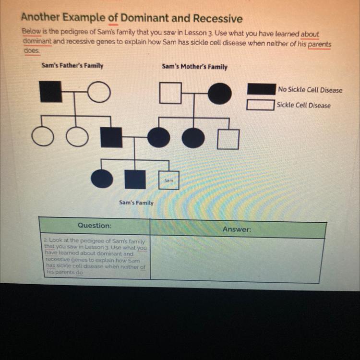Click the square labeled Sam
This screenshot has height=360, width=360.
[x=168, y=180]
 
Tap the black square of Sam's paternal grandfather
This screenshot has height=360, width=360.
[x=50, y=92]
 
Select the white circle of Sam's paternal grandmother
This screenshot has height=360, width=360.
[x=99, y=92]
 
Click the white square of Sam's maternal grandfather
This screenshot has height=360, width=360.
[x=170, y=93]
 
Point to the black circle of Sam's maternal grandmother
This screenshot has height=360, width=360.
[x=219, y=93]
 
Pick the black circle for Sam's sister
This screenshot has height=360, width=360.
[x=102, y=179]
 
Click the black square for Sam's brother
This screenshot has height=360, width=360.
[x=135, y=179]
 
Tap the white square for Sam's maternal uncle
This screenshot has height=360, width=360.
[x=228, y=139]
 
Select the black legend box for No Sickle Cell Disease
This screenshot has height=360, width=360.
[x=261, y=89]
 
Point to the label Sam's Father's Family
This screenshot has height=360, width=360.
[x=72, y=65]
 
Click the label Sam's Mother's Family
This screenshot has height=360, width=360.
[x=194, y=67]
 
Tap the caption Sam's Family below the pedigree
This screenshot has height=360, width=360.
[x=136, y=203]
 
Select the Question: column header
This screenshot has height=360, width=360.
[x=95, y=225]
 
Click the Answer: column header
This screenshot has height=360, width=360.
[x=237, y=229]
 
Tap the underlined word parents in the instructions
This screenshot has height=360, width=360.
[x=319, y=44]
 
